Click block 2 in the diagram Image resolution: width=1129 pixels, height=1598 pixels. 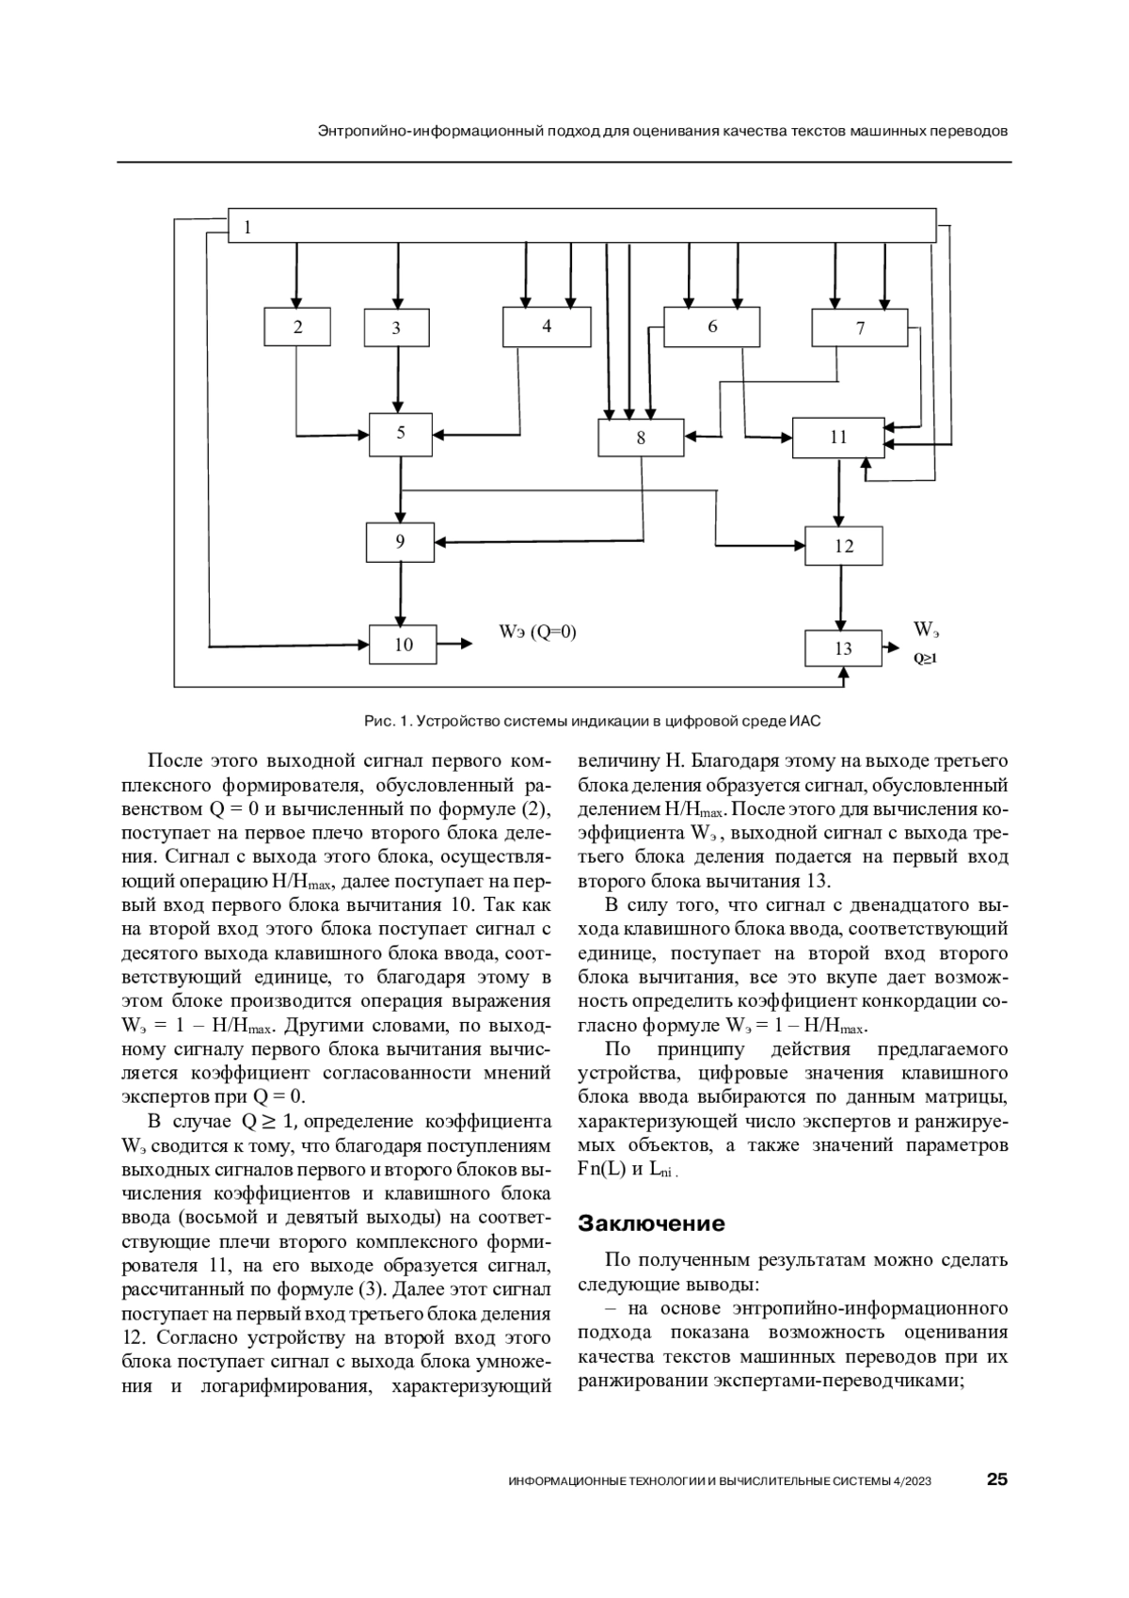[297, 328]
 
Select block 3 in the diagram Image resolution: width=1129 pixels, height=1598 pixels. [396, 328]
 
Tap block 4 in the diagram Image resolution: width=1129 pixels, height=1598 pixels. [547, 327]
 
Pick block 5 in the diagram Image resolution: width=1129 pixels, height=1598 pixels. [401, 434]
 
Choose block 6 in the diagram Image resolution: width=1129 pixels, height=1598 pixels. [711, 327]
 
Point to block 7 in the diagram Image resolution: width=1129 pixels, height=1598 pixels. [859, 328]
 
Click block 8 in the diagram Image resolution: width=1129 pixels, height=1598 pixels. [641, 438]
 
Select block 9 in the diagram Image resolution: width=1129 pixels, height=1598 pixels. [400, 542]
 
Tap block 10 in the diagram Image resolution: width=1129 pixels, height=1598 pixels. [403, 645]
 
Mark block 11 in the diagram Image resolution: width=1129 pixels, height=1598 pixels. [838, 438]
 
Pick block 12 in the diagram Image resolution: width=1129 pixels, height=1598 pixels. [844, 546]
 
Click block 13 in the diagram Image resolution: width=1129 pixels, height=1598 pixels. [843, 648]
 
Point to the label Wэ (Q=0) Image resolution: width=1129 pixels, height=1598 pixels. [537, 632]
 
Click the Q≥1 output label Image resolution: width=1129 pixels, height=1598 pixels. [926, 659]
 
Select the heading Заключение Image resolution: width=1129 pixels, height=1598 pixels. [651, 1223]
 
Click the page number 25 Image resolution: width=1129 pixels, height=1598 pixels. [996, 1479]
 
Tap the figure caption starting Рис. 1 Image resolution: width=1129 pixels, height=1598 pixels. [593, 722]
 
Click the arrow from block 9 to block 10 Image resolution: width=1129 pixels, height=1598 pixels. [401, 594]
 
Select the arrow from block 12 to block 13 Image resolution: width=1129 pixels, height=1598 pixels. [842, 598]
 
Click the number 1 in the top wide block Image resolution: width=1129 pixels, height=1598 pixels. [247, 227]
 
